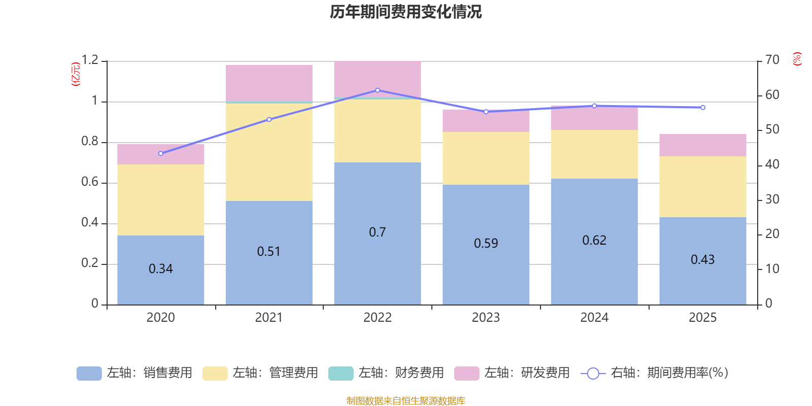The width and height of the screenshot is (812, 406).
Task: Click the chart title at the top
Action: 405,12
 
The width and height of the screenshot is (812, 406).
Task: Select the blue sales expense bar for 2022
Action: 377,264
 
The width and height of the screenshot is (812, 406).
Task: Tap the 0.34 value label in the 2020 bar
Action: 161,268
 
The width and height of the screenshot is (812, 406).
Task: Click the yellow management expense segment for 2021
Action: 269,152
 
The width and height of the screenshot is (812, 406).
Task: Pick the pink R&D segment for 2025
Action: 702,145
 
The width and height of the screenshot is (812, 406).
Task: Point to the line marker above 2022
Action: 377,90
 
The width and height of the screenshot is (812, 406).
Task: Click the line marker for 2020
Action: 161,153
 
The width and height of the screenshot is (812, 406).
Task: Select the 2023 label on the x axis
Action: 486,318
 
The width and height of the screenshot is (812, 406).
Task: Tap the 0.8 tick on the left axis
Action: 90,142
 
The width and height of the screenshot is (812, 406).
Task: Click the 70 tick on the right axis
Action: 772,60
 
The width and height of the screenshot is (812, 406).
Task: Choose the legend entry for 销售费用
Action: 134,373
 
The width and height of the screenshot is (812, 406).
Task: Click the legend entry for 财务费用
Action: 386,373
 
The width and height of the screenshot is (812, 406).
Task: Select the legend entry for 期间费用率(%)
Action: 655,373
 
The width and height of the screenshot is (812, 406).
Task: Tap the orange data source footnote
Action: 405,401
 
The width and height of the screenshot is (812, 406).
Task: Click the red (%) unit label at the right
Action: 797,59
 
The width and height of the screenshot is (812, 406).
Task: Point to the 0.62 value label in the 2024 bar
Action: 594,240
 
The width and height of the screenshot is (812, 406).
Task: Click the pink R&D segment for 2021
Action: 269,83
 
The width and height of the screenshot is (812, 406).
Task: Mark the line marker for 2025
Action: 702,108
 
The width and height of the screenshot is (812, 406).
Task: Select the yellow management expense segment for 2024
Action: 594,154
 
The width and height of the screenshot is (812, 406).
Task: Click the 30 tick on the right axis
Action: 772,199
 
